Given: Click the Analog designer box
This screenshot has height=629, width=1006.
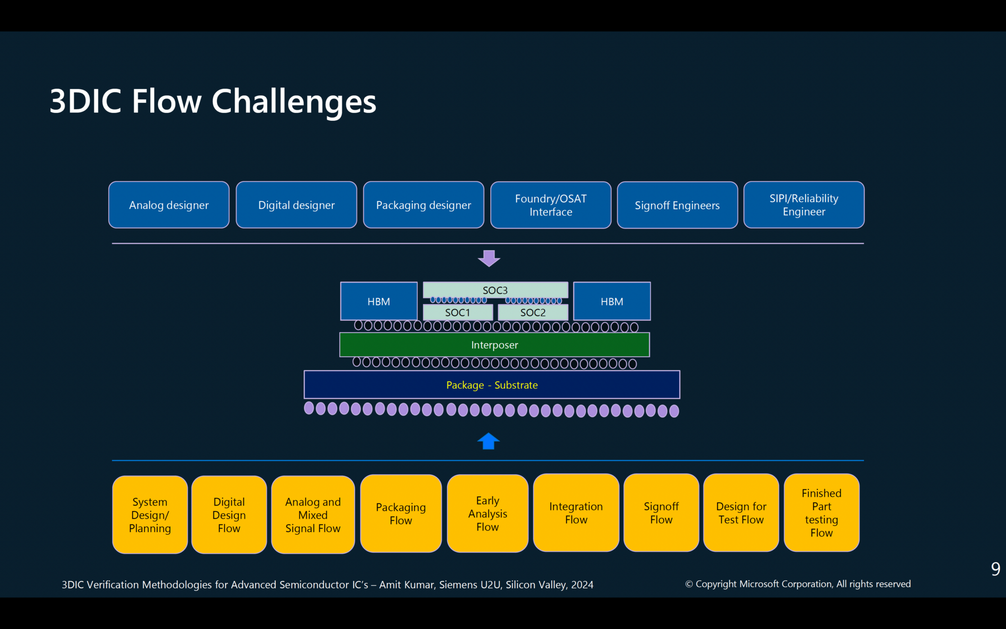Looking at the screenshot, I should point(168,205).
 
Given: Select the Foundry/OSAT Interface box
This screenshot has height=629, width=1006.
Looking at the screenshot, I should point(551,205).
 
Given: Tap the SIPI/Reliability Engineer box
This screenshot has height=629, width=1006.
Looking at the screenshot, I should point(804,205).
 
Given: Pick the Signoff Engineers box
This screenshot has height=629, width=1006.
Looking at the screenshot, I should point(677,205).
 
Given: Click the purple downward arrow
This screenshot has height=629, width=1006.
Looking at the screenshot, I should point(489,258).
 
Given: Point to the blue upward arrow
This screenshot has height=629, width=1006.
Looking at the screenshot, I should point(488,441).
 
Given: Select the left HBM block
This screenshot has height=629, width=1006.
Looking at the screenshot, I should point(379,301).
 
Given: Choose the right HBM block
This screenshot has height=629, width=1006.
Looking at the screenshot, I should point(612,301).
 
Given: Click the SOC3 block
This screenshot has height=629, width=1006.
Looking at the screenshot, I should point(495,290).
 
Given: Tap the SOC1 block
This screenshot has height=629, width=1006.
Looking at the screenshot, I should point(457,313).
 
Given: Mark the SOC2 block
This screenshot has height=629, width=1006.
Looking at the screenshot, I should point(533,313).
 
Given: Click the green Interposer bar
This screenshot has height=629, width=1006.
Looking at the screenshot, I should point(494,345).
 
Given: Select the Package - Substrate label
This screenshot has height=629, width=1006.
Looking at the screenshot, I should point(492,385).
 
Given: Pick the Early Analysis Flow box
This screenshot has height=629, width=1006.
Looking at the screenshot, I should point(487,514).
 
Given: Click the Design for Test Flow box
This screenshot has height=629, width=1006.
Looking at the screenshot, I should point(741,513).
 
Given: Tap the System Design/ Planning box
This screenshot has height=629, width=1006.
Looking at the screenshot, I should point(150,515).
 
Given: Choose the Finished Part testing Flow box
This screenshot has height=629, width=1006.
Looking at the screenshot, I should point(821,513).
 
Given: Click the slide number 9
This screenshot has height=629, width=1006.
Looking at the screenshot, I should point(995,569).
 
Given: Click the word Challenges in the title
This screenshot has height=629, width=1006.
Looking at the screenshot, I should point(294,102).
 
